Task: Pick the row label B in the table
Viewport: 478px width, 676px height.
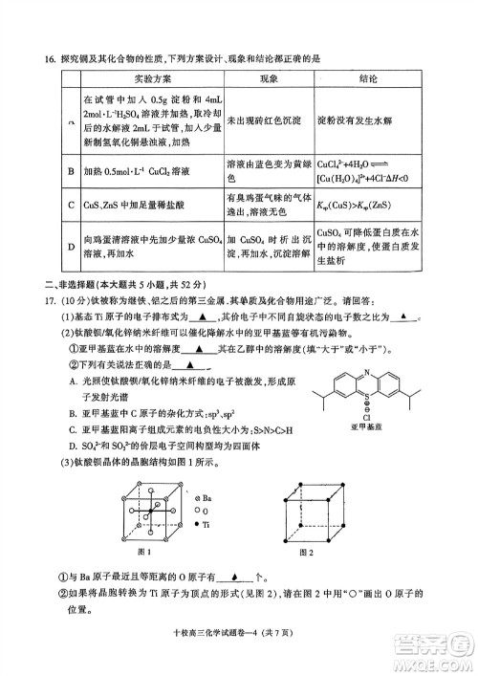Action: point(70,171)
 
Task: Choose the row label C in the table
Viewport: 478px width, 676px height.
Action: point(70,204)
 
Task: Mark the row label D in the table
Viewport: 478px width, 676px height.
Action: point(70,244)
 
